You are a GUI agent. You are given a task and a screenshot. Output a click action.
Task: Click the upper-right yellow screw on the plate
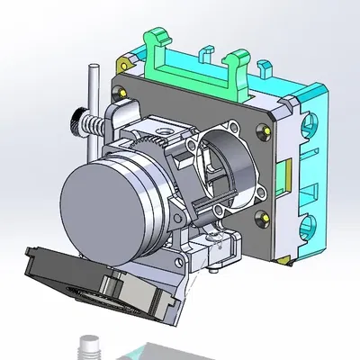coord(265,129)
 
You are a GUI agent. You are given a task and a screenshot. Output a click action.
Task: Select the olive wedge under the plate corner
coord(285,259)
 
